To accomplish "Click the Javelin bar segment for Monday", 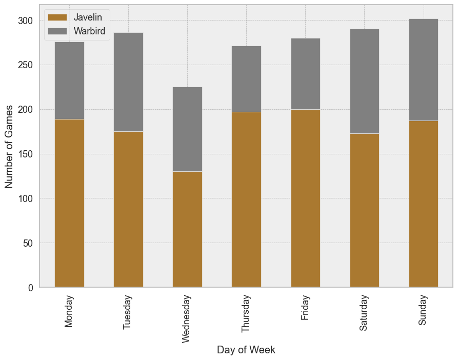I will [69, 203].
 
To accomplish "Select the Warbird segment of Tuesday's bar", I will [128, 82].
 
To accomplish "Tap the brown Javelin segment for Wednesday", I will [187, 229].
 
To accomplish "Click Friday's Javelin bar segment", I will [305, 198].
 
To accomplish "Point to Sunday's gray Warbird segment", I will [423, 70].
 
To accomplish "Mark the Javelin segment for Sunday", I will [423, 204].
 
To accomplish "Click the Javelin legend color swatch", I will [57, 17].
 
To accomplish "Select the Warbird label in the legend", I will [89, 31].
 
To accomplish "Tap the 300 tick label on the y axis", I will [26, 21].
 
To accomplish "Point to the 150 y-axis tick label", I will [26, 154].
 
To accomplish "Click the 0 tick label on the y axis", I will [31, 288].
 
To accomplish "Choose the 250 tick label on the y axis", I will [26, 65].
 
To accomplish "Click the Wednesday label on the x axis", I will [187, 318].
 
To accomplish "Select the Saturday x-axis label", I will [364, 312].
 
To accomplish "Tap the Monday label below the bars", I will [69, 311].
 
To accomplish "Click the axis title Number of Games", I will [9, 147].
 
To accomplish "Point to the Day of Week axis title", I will [246, 350].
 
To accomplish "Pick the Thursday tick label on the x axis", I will [246, 313].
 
